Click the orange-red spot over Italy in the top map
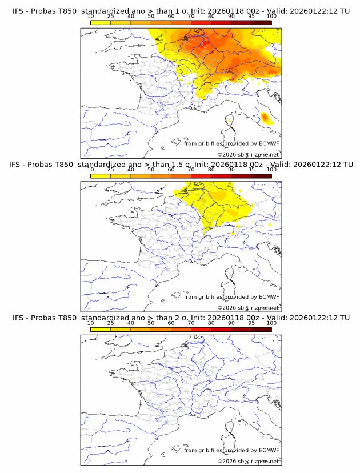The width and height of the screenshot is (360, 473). click(x=265, y=118)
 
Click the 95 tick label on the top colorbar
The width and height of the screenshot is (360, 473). click(x=251, y=17)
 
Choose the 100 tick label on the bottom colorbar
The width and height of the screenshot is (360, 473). click(x=271, y=323)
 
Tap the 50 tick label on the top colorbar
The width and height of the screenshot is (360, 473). click(x=151, y=17)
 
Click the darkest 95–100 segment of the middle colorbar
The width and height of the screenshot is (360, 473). click(x=261, y=176)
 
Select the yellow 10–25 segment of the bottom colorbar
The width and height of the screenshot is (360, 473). click(x=100, y=329)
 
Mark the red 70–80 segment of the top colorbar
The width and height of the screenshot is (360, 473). click(x=201, y=22)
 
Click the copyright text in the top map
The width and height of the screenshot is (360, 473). click(x=248, y=155)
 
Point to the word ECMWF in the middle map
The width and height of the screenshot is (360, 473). click(x=269, y=297)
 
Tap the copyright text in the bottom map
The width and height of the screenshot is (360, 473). click(x=248, y=461)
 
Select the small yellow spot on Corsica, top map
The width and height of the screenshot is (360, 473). click(x=229, y=121)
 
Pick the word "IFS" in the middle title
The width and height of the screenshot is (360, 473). click(x=18, y=165)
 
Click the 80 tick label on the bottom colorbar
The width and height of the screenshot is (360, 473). click(x=211, y=323)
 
